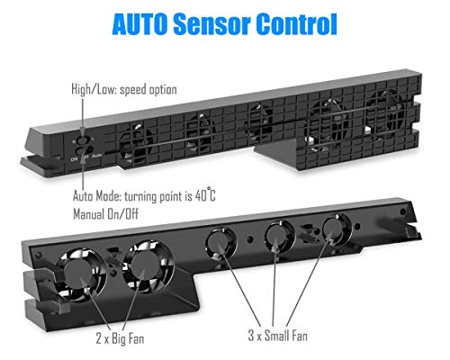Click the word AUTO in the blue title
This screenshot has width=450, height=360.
(139, 24)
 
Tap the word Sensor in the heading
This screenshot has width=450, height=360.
(211, 24)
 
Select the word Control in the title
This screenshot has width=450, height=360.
(296, 24)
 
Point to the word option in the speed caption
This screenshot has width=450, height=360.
(162, 90)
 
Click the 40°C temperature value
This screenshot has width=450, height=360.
(205, 195)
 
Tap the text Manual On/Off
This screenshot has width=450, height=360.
(105, 214)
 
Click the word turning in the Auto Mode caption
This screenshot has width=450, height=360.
(140, 196)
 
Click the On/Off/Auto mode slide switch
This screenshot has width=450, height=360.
(83, 151)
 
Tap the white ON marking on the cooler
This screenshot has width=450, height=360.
(74, 158)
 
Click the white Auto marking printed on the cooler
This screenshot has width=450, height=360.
(97, 156)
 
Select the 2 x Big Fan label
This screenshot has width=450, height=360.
(120, 338)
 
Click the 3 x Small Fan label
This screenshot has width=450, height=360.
(278, 335)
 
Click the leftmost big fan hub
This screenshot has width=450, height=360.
(78, 274)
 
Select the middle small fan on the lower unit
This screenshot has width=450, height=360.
(279, 237)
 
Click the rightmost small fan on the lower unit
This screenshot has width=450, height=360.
(336, 229)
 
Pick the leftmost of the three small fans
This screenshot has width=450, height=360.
(220, 242)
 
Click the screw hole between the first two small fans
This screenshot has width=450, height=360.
(250, 239)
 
